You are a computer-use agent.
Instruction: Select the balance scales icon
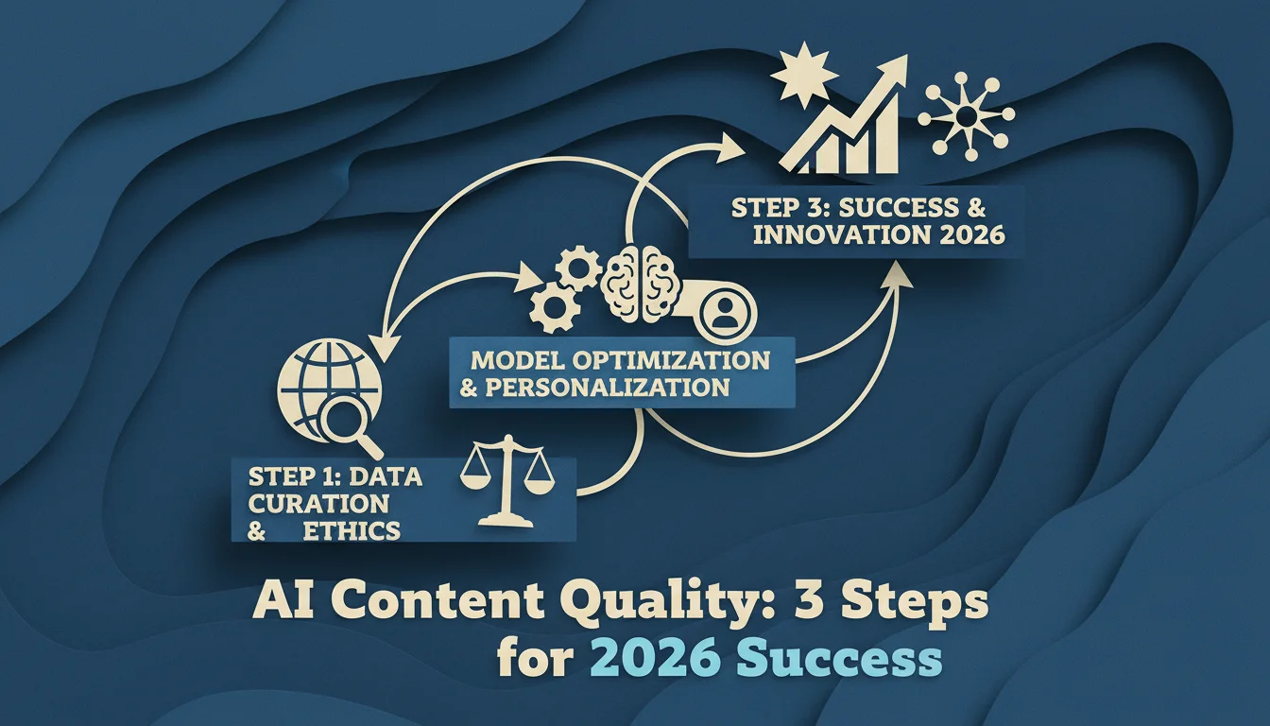(x=508, y=481)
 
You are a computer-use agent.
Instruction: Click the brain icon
(x=638, y=283)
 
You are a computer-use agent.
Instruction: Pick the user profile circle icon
(x=727, y=311)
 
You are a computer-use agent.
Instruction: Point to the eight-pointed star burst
(x=803, y=75)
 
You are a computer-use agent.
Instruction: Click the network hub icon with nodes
(x=966, y=117)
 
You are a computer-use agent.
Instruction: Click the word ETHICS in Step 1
(x=352, y=531)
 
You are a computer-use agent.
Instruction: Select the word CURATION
(x=319, y=504)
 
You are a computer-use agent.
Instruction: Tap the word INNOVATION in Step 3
(x=842, y=234)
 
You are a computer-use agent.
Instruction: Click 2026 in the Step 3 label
(x=971, y=234)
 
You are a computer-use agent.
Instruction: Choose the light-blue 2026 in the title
(x=656, y=660)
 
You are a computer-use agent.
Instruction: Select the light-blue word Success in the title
(x=839, y=660)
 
